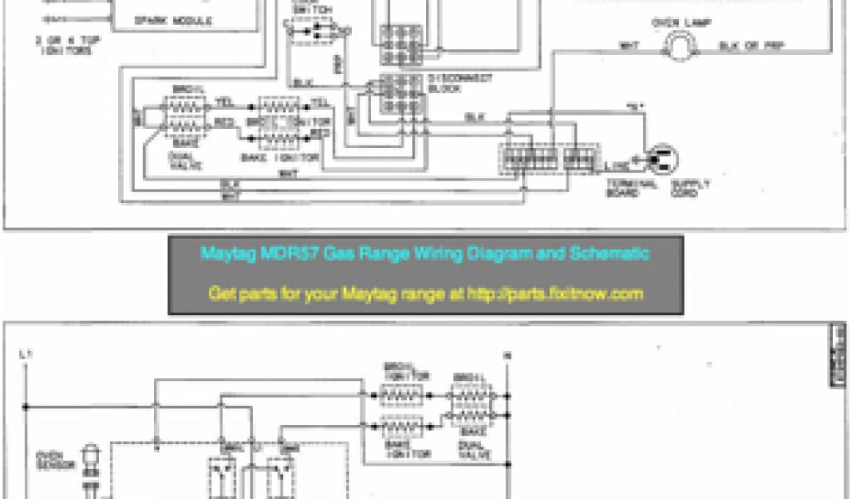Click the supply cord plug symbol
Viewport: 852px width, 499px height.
click(x=664, y=157)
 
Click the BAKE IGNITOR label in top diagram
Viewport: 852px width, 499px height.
click(x=287, y=156)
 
